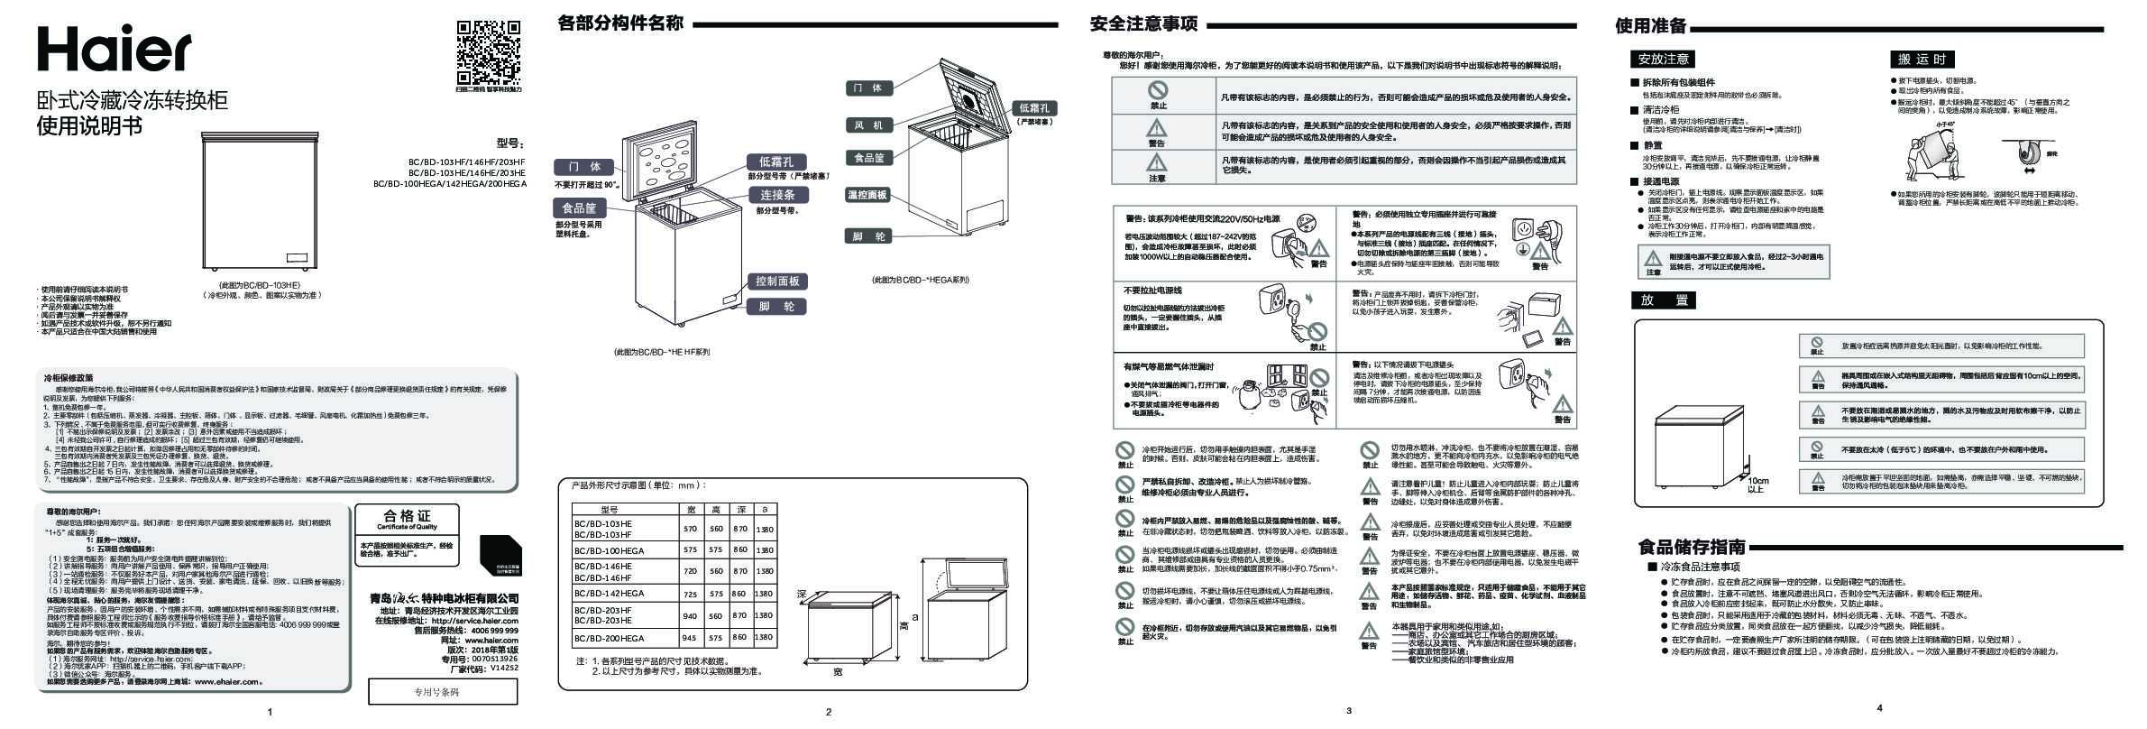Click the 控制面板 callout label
point(777,281)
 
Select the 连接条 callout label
point(776,195)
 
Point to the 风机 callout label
point(869,125)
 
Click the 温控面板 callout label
point(867,195)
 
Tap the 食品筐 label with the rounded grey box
point(578,208)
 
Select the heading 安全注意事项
point(1143,24)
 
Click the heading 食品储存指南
point(1691,547)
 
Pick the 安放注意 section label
point(1663,60)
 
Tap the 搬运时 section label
point(1922,60)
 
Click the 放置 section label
point(1664,300)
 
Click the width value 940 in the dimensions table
point(691,615)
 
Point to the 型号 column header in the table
point(609,510)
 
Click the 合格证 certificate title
point(407,516)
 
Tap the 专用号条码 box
point(442,692)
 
